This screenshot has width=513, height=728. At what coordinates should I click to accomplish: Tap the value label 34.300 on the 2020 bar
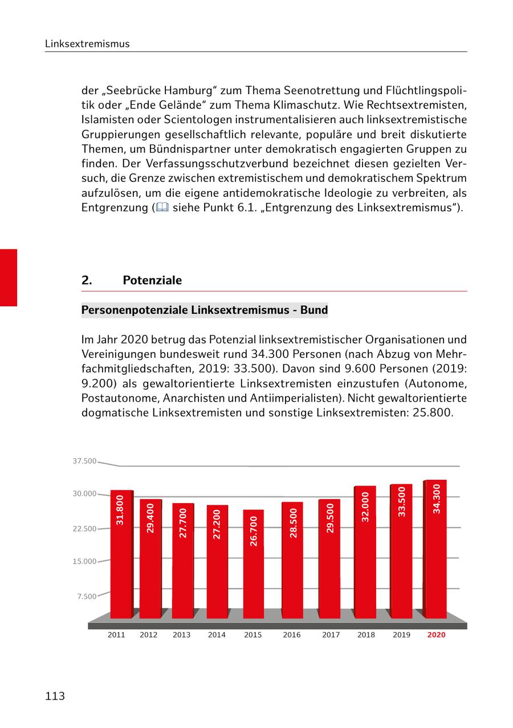click(437, 499)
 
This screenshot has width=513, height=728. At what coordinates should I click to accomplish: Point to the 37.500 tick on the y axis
click(84, 461)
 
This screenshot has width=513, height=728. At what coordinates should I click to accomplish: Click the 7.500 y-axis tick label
click(87, 596)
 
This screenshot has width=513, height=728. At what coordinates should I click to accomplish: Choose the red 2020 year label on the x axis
click(436, 634)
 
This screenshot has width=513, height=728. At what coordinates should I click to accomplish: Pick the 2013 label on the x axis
click(181, 634)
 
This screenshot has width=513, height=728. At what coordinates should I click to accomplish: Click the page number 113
click(55, 696)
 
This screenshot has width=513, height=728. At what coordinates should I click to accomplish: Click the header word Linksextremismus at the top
click(87, 44)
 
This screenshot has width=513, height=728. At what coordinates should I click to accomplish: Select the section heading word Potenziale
click(152, 280)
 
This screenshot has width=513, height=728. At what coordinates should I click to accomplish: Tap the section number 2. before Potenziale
click(86, 280)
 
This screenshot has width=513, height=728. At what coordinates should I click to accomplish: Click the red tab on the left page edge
click(9, 277)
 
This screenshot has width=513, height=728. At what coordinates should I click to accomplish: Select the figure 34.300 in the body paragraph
click(270, 354)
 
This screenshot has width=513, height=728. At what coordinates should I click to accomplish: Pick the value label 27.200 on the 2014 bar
click(217, 525)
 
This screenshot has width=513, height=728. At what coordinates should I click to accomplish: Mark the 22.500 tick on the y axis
click(84, 529)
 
